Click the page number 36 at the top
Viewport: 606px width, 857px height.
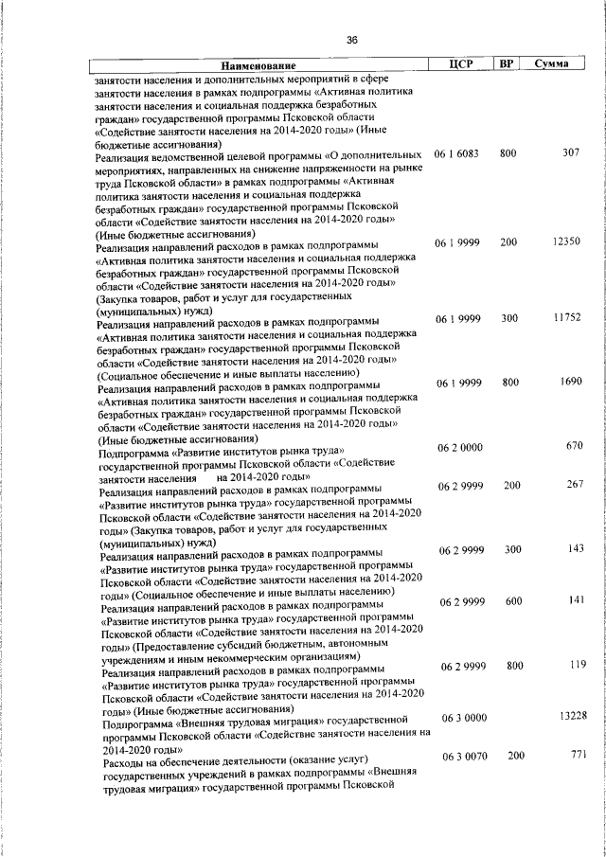[351, 40]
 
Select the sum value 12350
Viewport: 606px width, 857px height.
[565, 242]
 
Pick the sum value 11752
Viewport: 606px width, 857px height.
[565, 318]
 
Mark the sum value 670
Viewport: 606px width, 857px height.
[574, 445]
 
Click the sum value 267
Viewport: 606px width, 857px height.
[574, 485]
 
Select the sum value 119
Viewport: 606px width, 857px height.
[574, 665]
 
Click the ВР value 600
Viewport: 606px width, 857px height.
[513, 600]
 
